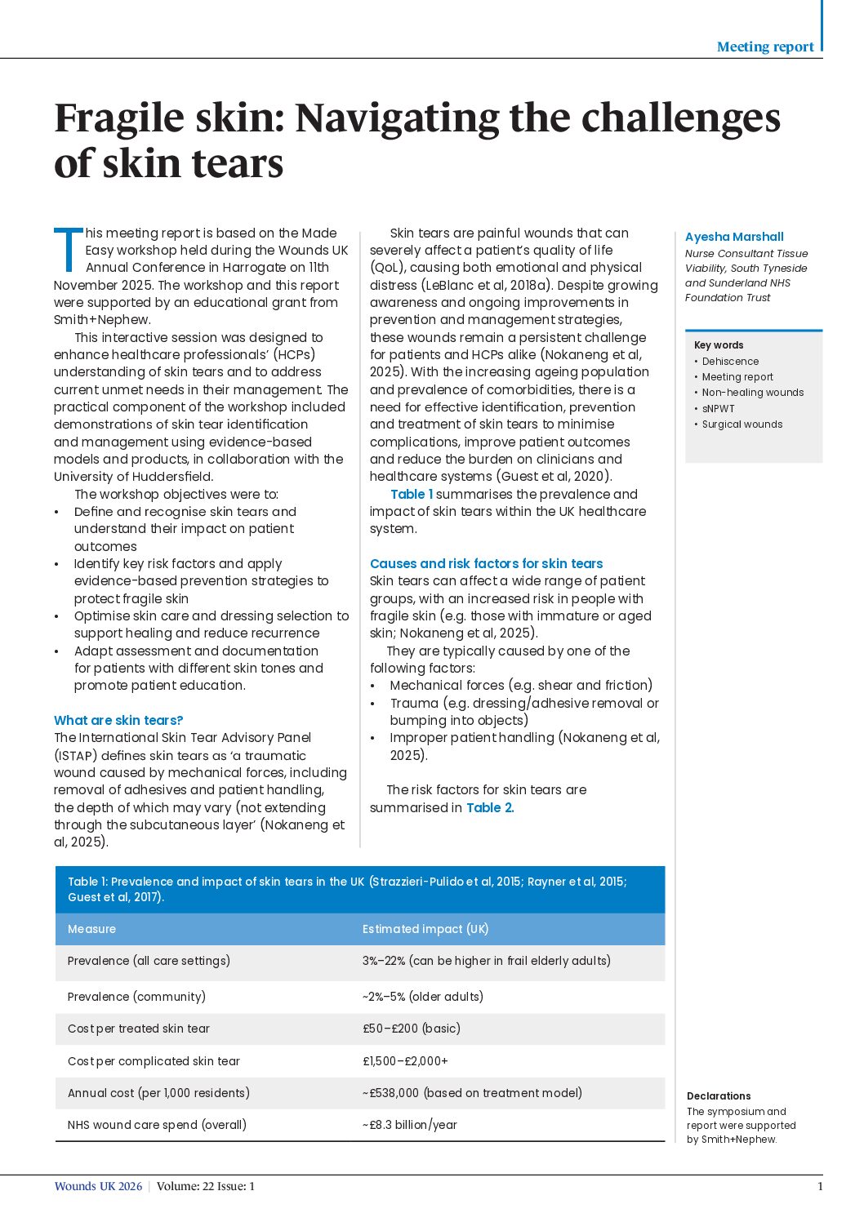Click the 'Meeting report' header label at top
click(x=764, y=47)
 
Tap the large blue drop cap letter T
click(x=69, y=249)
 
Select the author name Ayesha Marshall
click(x=734, y=237)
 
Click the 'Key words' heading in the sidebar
click(x=719, y=345)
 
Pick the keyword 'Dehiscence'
click(x=730, y=362)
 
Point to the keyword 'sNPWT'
click(x=719, y=409)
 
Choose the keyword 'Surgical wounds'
click(x=742, y=424)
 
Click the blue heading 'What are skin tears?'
click(x=118, y=720)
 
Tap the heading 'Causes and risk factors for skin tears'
click(x=486, y=563)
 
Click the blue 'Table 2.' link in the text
click(x=490, y=807)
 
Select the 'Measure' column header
click(x=91, y=929)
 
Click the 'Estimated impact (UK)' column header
click(x=425, y=929)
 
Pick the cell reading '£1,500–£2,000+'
click(x=405, y=1061)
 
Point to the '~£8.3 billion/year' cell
click(x=410, y=1125)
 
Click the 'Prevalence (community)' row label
click(x=136, y=997)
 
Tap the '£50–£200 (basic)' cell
click(x=412, y=1029)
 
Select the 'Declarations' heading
click(x=719, y=1096)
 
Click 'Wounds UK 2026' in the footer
click(x=98, y=1186)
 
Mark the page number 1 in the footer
click(x=820, y=1186)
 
